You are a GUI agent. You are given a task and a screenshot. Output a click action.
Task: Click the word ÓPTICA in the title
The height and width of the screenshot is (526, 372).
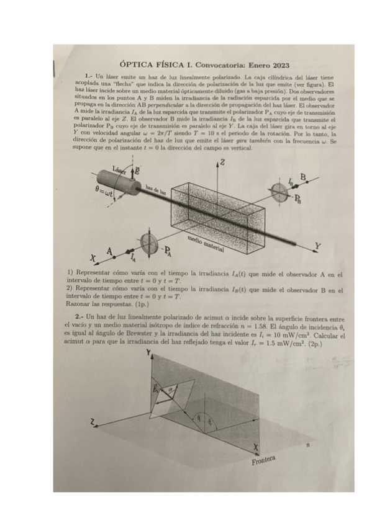139,65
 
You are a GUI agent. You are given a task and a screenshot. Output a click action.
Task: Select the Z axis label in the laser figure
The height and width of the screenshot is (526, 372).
222,163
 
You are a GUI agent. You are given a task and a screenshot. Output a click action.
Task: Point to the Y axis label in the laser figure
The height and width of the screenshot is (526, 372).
318,247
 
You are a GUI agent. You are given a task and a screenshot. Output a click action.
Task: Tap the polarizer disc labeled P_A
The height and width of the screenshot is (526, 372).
149,243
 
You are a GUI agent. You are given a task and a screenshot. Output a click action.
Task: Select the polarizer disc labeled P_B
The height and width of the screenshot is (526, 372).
279,192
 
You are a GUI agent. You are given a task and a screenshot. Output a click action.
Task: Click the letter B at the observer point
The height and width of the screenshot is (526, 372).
304,177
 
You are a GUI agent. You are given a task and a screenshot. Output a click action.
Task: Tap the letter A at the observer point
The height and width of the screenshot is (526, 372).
110,251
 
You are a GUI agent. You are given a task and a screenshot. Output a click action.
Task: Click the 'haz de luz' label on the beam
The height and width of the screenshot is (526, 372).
156,191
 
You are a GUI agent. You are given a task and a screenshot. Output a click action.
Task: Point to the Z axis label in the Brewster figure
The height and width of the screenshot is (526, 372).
93,423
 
